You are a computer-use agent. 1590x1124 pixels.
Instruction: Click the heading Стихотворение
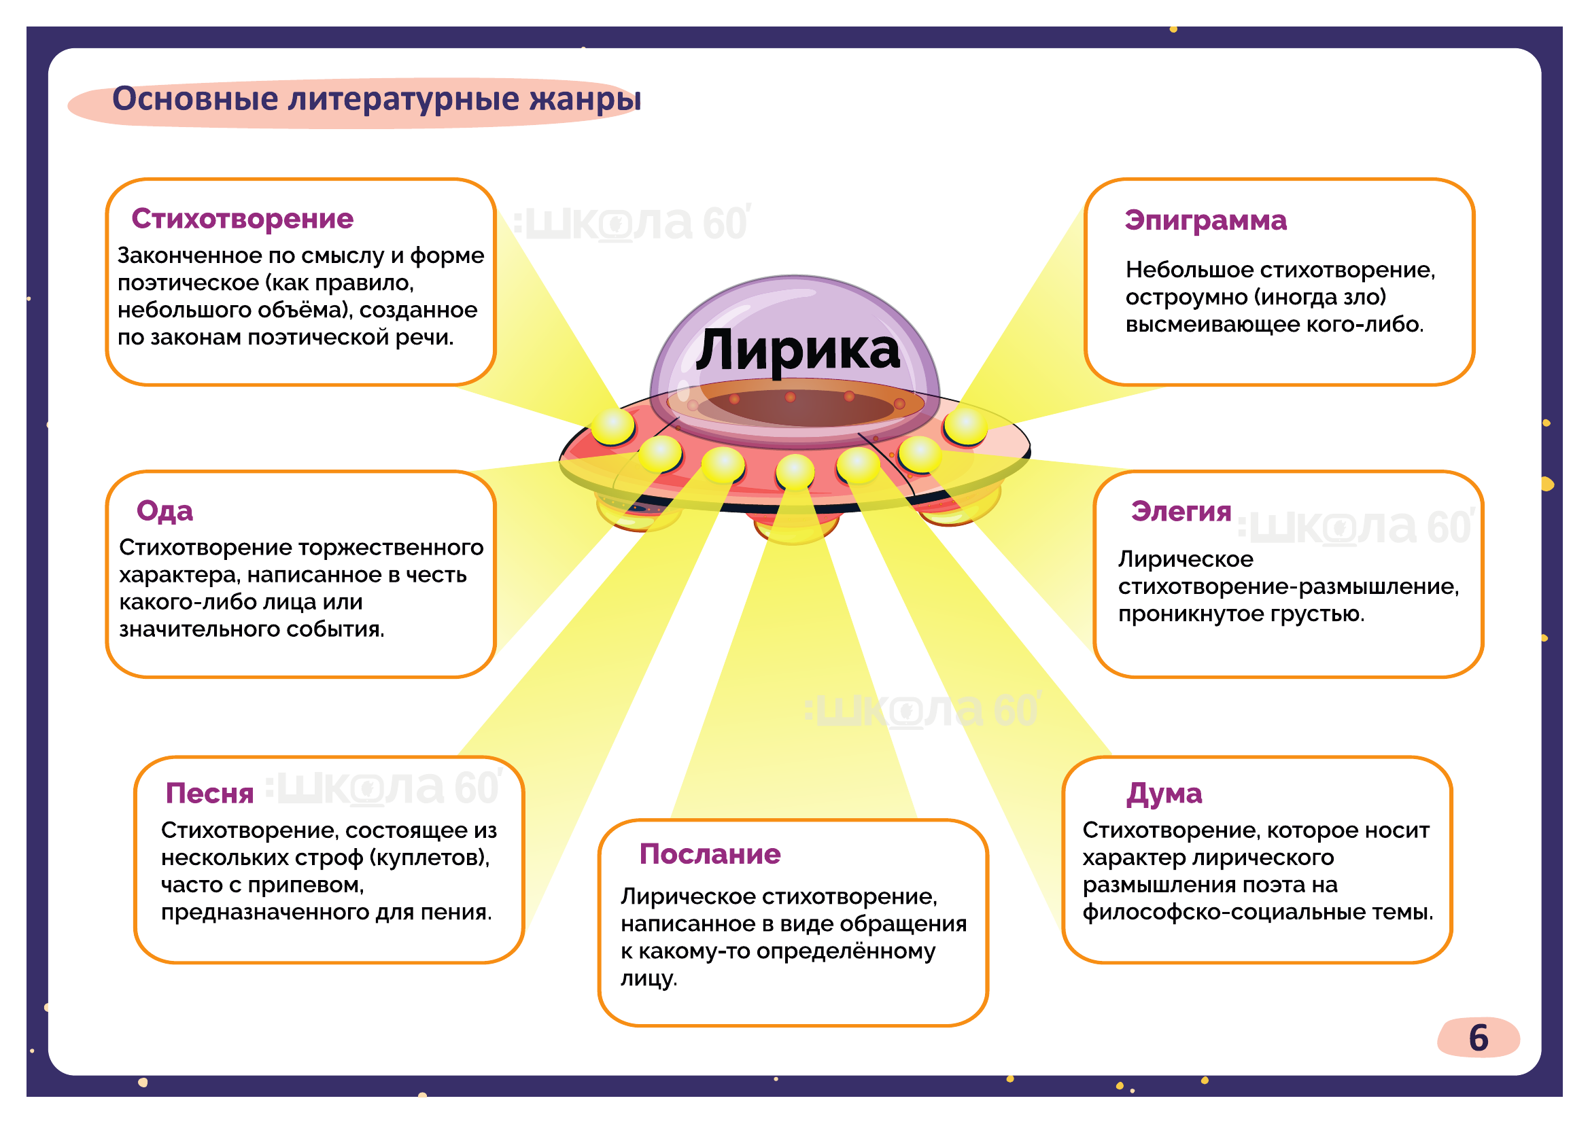coord(243,219)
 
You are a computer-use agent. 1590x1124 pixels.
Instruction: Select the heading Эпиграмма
coord(1205,220)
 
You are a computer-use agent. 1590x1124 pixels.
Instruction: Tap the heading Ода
coord(165,511)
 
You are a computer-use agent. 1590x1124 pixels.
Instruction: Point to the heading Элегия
coord(1181,512)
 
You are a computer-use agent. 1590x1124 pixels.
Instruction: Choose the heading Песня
coord(209,793)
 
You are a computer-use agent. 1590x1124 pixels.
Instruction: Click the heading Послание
coord(710,854)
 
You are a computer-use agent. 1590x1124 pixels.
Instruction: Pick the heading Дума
coord(1164,793)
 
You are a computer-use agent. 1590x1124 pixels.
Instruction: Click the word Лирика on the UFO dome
coord(798,350)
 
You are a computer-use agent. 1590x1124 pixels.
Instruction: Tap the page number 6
coord(1478,1038)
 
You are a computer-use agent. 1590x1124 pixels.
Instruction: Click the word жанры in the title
coord(585,99)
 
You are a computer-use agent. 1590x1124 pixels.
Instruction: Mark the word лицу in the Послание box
coord(649,979)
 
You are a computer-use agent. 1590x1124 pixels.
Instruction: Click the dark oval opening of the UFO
coord(795,407)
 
